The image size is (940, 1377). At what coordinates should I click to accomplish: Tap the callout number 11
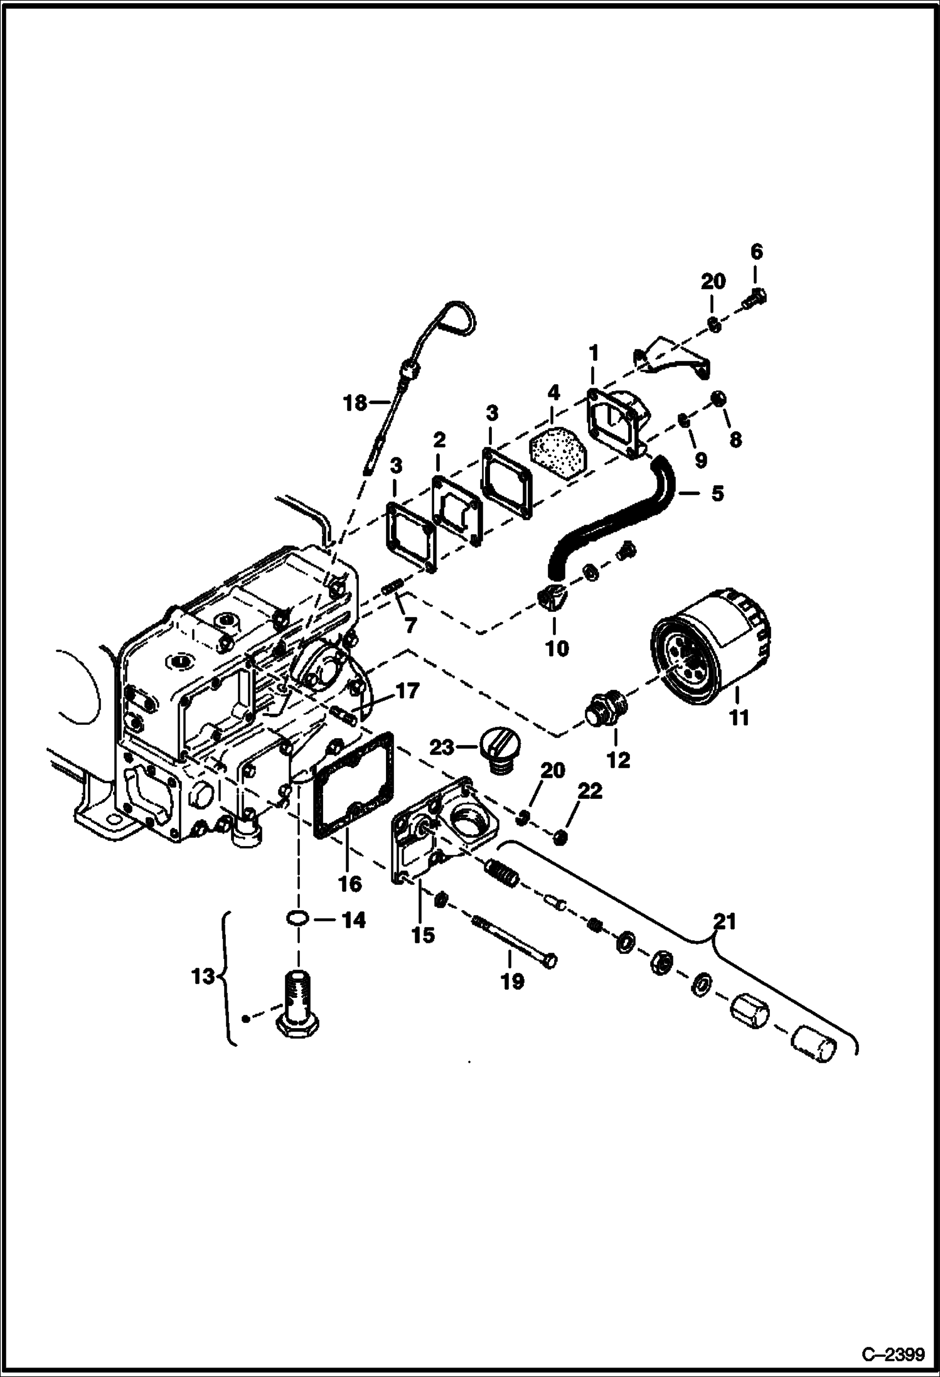739,717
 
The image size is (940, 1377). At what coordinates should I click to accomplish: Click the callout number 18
355,402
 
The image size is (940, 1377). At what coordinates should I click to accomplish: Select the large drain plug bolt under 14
297,1009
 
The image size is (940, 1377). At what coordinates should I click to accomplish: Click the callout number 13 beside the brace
203,977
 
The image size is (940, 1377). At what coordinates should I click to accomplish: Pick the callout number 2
439,440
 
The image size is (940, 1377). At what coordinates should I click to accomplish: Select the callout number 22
590,791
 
